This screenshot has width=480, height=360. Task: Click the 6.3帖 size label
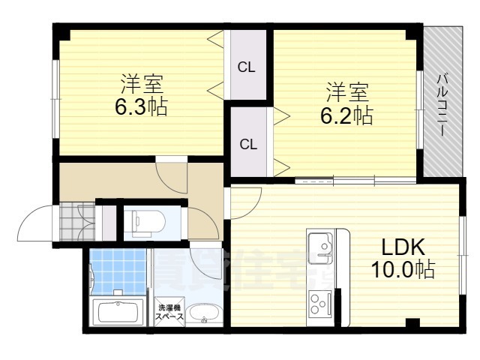[141, 106]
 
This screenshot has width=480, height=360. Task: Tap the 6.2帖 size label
[347, 115]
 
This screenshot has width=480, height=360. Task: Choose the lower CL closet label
[247, 144]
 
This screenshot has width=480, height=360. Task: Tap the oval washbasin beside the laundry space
[202, 313]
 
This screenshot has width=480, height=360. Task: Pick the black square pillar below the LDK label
[410, 323]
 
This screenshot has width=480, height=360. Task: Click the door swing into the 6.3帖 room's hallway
[172, 174]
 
